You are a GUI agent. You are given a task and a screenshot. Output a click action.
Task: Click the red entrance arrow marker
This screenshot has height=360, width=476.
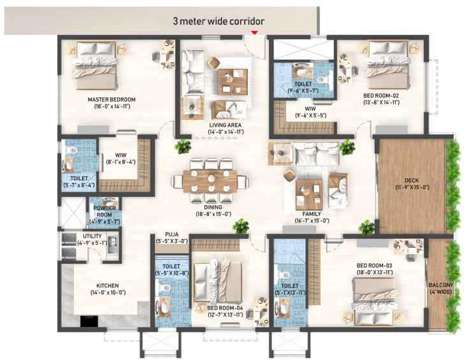point(254,32)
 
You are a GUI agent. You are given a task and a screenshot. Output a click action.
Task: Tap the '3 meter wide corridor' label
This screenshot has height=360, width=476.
point(219,21)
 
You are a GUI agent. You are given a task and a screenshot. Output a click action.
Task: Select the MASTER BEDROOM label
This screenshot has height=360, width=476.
point(112,99)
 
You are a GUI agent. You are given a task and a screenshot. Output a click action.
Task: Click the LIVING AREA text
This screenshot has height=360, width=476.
point(226,125)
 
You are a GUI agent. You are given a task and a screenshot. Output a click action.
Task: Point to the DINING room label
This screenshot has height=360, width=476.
point(213,207)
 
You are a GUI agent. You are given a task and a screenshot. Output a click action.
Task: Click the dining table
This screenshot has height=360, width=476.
point(210,181)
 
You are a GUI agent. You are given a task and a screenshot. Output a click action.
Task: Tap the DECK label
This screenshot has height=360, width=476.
point(412,180)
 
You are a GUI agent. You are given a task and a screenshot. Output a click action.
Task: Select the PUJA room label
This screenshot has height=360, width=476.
point(172,234)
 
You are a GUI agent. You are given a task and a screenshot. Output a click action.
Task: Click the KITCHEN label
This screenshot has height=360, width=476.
point(108,286)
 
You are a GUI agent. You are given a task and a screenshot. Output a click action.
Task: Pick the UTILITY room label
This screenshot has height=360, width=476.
point(92,236)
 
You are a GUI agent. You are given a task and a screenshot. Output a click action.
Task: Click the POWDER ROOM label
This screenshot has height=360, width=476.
point(105,212)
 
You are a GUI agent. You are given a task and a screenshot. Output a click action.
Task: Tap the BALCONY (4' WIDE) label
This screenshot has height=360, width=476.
point(441,289)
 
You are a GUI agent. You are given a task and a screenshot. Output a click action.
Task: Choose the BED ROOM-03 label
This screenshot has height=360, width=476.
point(375,266)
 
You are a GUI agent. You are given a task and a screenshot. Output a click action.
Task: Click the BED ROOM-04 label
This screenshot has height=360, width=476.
point(225,308)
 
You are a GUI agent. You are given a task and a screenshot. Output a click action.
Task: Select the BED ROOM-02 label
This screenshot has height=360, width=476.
point(381,96)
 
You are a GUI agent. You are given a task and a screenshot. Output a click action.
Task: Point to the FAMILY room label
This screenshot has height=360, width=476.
point(312,214)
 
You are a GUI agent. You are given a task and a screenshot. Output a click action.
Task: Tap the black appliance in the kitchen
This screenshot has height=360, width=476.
point(89,321)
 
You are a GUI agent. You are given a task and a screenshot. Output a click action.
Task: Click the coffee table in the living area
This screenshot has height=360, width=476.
point(233,82)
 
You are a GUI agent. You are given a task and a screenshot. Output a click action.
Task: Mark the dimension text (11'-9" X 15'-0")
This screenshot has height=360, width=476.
point(412,187)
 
